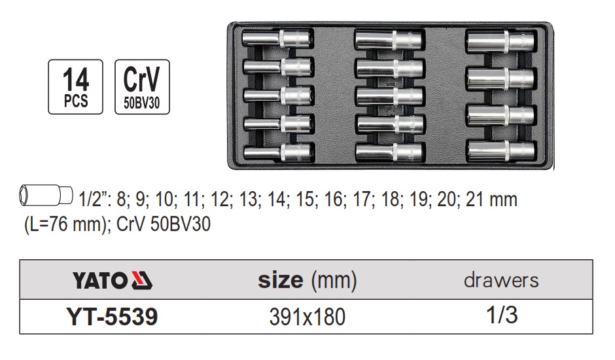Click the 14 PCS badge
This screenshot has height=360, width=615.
pyautogui.click(x=75, y=86)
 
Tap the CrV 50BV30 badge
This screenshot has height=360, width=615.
pyautogui.click(x=142, y=86)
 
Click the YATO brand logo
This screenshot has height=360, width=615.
pyautogui.click(x=111, y=281)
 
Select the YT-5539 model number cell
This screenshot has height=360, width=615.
pyautogui.click(x=112, y=317)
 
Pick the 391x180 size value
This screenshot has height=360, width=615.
pyautogui.click(x=307, y=317)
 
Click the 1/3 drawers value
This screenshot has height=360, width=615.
pyautogui.click(x=502, y=316)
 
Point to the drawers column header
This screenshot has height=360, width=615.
pyautogui.click(x=502, y=281)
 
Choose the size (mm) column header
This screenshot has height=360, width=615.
pyautogui.click(x=307, y=281)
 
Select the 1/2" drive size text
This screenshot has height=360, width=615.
pyautogui.click(x=91, y=200)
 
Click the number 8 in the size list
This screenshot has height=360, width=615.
pyautogui.click(x=120, y=200)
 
